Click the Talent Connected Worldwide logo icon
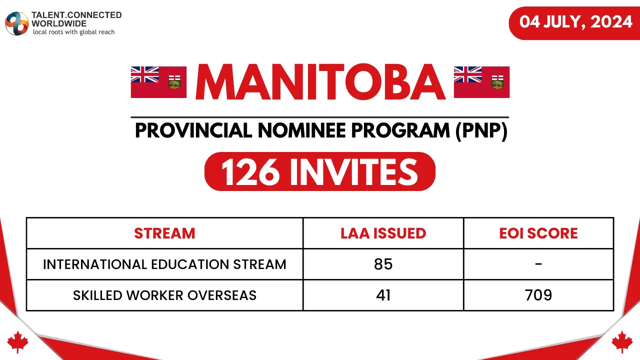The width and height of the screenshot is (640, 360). click(x=16, y=23)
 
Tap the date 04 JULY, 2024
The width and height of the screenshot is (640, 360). click(x=576, y=22)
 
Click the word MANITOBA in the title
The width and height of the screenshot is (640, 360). click(x=320, y=82)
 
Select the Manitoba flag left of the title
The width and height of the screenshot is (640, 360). click(x=158, y=82)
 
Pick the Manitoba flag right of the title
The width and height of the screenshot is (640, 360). click(x=481, y=82)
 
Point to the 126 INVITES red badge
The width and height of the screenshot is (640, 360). click(x=320, y=171)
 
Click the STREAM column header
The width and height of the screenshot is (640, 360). click(x=164, y=233)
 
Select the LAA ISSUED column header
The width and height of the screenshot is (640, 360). click(x=383, y=233)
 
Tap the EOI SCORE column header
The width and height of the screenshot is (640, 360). click(x=538, y=233)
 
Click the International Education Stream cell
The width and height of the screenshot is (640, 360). click(x=164, y=264)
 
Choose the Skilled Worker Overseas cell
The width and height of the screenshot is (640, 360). click(x=164, y=295)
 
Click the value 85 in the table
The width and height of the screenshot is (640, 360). click(x=383, y=264)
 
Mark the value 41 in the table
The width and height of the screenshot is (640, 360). click(x=383, y=295)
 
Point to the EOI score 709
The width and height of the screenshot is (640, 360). click(x=538, y=295)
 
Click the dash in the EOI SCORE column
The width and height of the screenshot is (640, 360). click(x=538, y=263)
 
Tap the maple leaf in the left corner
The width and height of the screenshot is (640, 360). click(x=18, y=341)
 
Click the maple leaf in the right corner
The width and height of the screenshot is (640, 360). click(x=622, y=341)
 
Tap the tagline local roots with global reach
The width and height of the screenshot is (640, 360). click(x=73, y=32)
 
